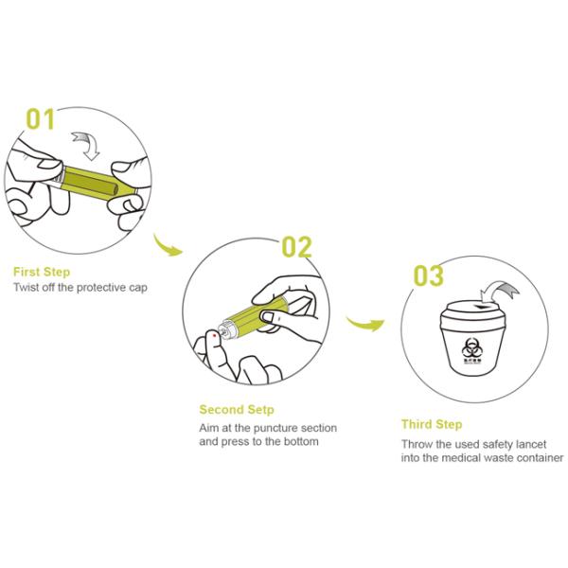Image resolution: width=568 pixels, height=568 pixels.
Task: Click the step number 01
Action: coord(41,119)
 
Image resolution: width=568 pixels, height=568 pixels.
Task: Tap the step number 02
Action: coord(295,248)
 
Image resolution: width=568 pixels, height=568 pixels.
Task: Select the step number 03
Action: coord(428,276)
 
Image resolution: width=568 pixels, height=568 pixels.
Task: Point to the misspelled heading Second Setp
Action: coord(237,410)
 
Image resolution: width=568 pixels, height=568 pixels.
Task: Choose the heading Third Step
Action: coord(431,425)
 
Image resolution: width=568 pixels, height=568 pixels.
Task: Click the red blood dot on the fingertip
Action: coord(217,334)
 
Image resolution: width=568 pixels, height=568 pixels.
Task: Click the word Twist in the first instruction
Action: coord(27,287)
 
